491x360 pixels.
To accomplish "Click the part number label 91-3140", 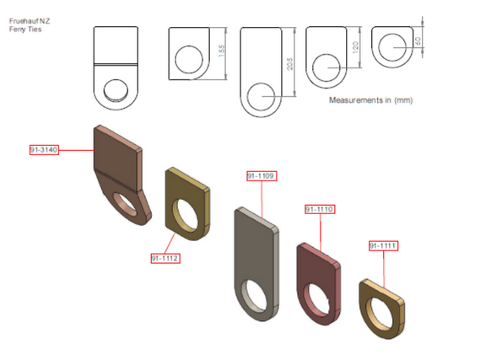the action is [x=44, y=150].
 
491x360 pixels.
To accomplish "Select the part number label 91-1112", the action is [x=165, y=258].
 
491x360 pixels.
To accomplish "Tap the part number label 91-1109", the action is [x=262, y=176].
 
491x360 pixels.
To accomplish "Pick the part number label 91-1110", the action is [x=320, y=209].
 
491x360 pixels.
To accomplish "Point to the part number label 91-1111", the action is [x=383, y=245].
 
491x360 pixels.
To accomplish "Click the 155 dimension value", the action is [x=221, y=51].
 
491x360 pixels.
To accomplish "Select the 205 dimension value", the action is [x=290, y=63].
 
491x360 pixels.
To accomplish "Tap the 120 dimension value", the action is [x=355, y=47].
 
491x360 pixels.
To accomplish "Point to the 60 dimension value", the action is [x=418, y=41].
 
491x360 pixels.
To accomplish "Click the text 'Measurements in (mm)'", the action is [x=370, y=100].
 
